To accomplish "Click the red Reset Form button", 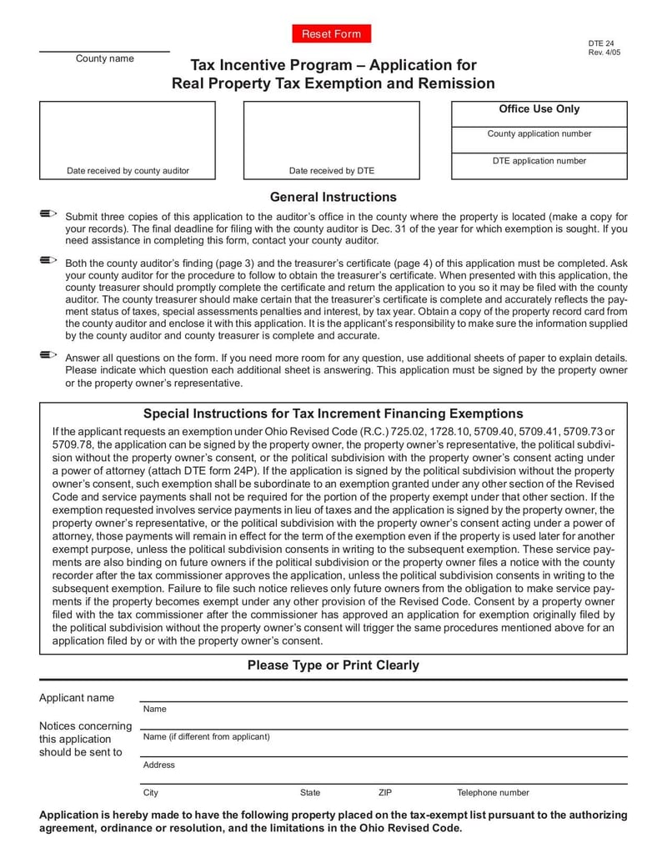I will pos(331,34).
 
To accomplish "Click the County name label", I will pos(104,58).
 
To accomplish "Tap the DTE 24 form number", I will pos(600,43).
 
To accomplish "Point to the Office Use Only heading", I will pos(539,109).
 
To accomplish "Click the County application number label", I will pos(539,133).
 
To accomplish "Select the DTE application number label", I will pos(539,161).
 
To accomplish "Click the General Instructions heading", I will pos(333,198).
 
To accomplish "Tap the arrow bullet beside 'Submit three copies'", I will pos(48,215).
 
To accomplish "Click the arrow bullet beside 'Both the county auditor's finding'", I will pos(48,260).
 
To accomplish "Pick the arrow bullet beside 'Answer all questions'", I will pos(48,355).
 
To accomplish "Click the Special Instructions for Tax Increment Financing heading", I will pos(333,414).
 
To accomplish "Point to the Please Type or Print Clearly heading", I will pos(333,665).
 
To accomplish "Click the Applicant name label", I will pos(77,698).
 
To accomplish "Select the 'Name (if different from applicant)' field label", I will pos(206,736).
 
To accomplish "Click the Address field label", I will pos(158,765).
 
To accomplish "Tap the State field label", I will pos(309,793).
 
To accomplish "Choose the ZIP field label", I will pos(384,793).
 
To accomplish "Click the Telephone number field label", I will pos(492,793).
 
